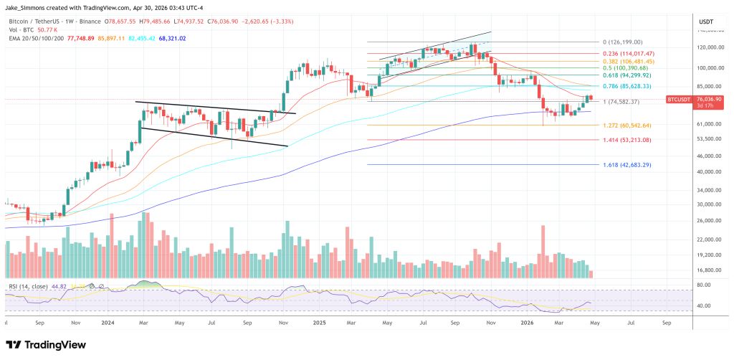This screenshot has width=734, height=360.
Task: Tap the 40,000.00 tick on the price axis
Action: point(707,172)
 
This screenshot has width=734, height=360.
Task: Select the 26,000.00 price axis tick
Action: point(707,220)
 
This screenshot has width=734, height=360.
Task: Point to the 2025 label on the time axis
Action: point(320,323)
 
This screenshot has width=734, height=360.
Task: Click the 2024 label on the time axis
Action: point(108,323)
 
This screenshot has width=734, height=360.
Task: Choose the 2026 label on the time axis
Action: point(530,323)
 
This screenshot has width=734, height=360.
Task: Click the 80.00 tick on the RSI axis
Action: point(705,285)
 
